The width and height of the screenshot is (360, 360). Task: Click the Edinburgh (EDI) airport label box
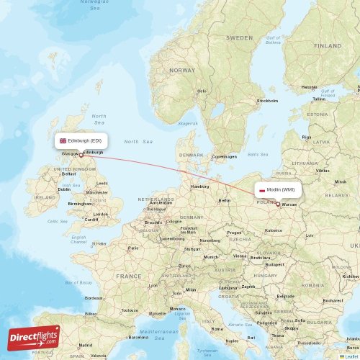click(81, 140)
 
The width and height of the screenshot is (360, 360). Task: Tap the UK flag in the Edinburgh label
click(63, 140)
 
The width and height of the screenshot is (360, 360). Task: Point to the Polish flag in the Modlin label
click(261, 190)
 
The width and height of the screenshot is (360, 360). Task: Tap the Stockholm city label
click(267, 101)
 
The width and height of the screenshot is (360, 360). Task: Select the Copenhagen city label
click(224, 156)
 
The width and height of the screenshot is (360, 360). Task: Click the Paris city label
click(132, 248)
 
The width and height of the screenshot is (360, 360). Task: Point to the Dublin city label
click(64, 189)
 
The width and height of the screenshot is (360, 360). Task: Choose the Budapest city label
click(274, 264)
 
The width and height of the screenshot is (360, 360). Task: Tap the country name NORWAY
click(182, 71)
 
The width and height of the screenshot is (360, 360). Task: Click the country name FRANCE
click(129, 276)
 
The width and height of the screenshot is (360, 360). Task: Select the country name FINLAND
click(328, 45)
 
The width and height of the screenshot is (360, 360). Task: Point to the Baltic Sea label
click(257, 153)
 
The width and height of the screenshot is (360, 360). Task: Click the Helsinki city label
click(310, 87)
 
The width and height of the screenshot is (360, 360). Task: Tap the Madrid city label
click(86, 345)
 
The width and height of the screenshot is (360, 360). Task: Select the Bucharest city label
click(333, 300)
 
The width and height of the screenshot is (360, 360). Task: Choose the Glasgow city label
click(71, 153)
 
